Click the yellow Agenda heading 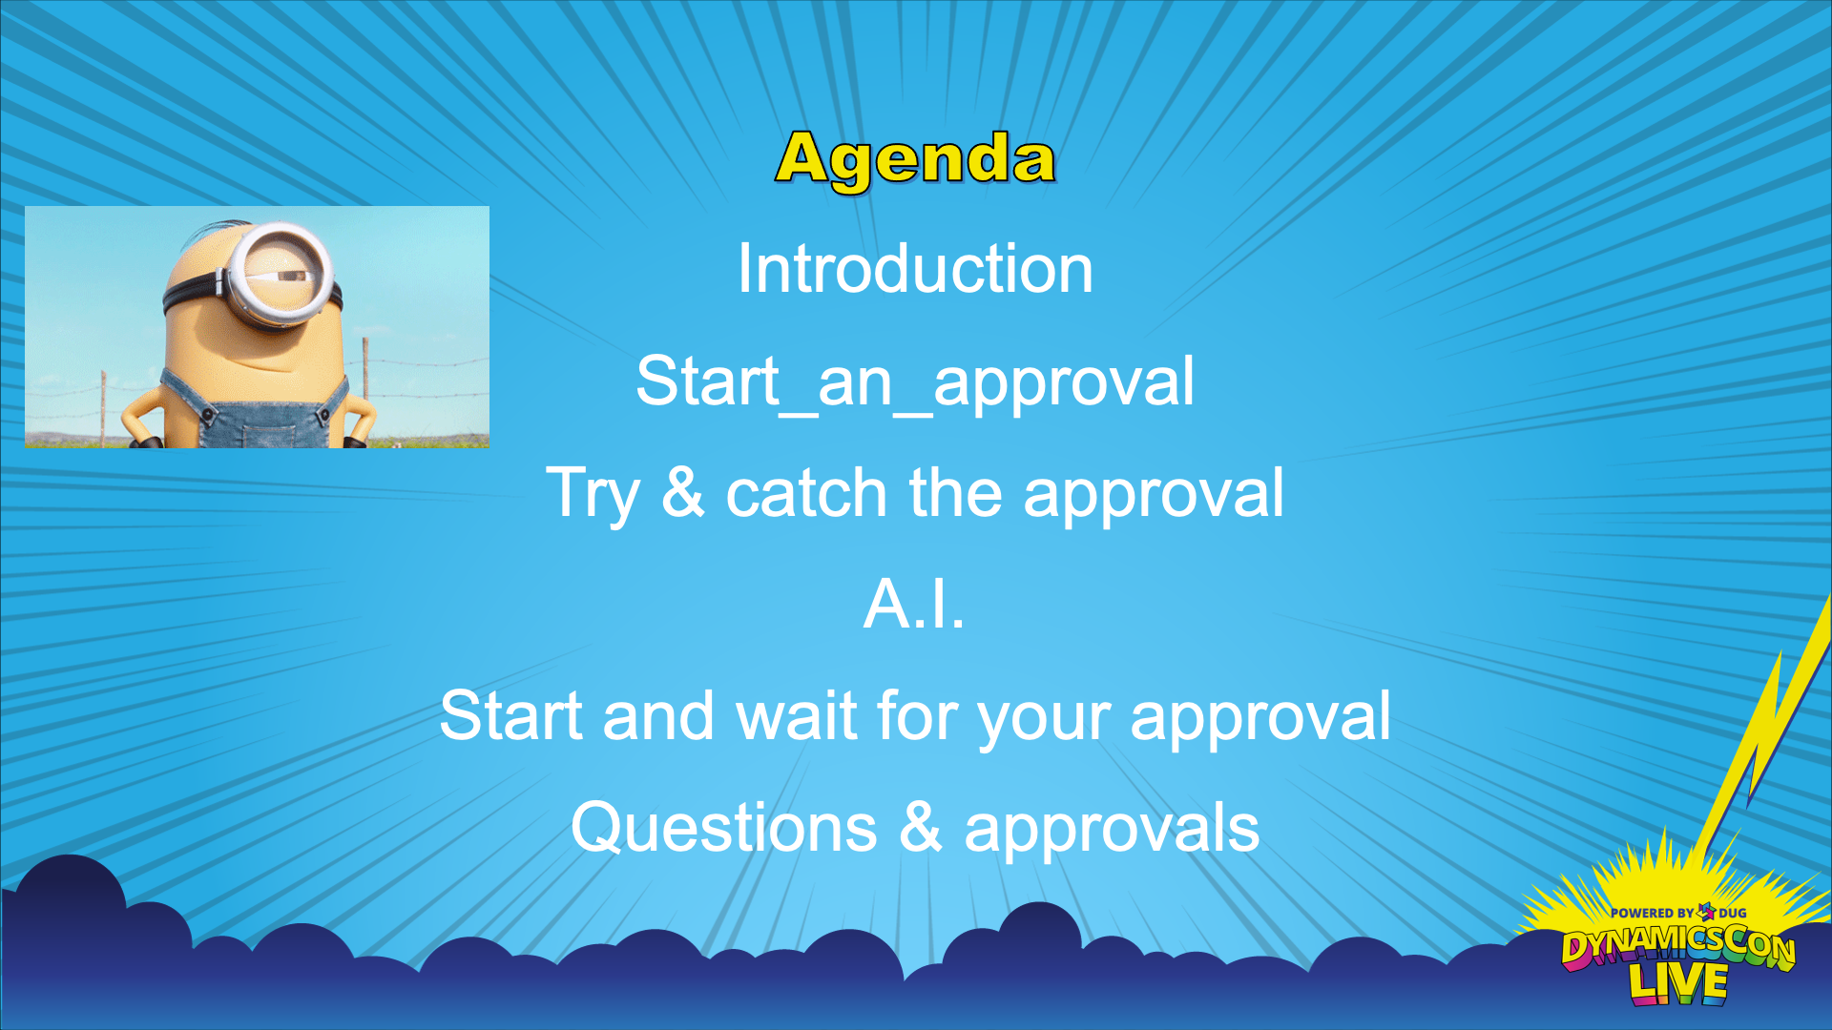tap(915, 159)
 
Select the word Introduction tap(915, 269)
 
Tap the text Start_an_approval tap(915, 382)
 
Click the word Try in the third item tap(593, 495)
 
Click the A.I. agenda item tap(914, 605)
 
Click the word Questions tap(723, 827)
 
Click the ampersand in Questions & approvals tap(921, 827)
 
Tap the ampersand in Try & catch tap(683, 493)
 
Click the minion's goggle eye tap(282, 275)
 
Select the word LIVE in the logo tap(1678, 983)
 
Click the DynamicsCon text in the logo tap(1678, 946)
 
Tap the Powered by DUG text tap(1678, 913)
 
